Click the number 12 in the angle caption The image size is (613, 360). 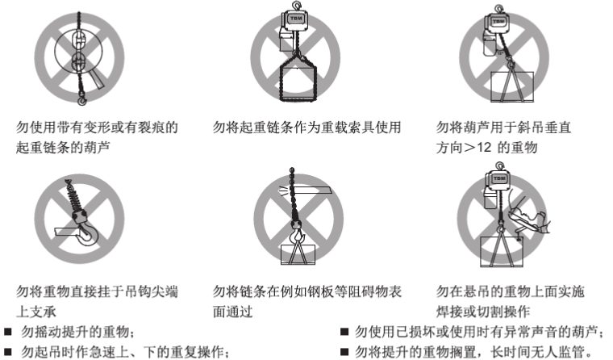484,148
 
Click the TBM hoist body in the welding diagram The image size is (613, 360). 498,181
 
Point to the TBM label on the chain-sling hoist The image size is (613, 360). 296,19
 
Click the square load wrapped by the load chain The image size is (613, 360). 298,81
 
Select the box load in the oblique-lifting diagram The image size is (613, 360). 511,86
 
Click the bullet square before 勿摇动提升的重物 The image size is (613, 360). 8,333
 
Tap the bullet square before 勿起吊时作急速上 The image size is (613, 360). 8,352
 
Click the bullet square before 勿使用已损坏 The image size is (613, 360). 344,332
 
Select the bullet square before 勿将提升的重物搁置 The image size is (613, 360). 344,351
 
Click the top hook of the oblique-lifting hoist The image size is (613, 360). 498,9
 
